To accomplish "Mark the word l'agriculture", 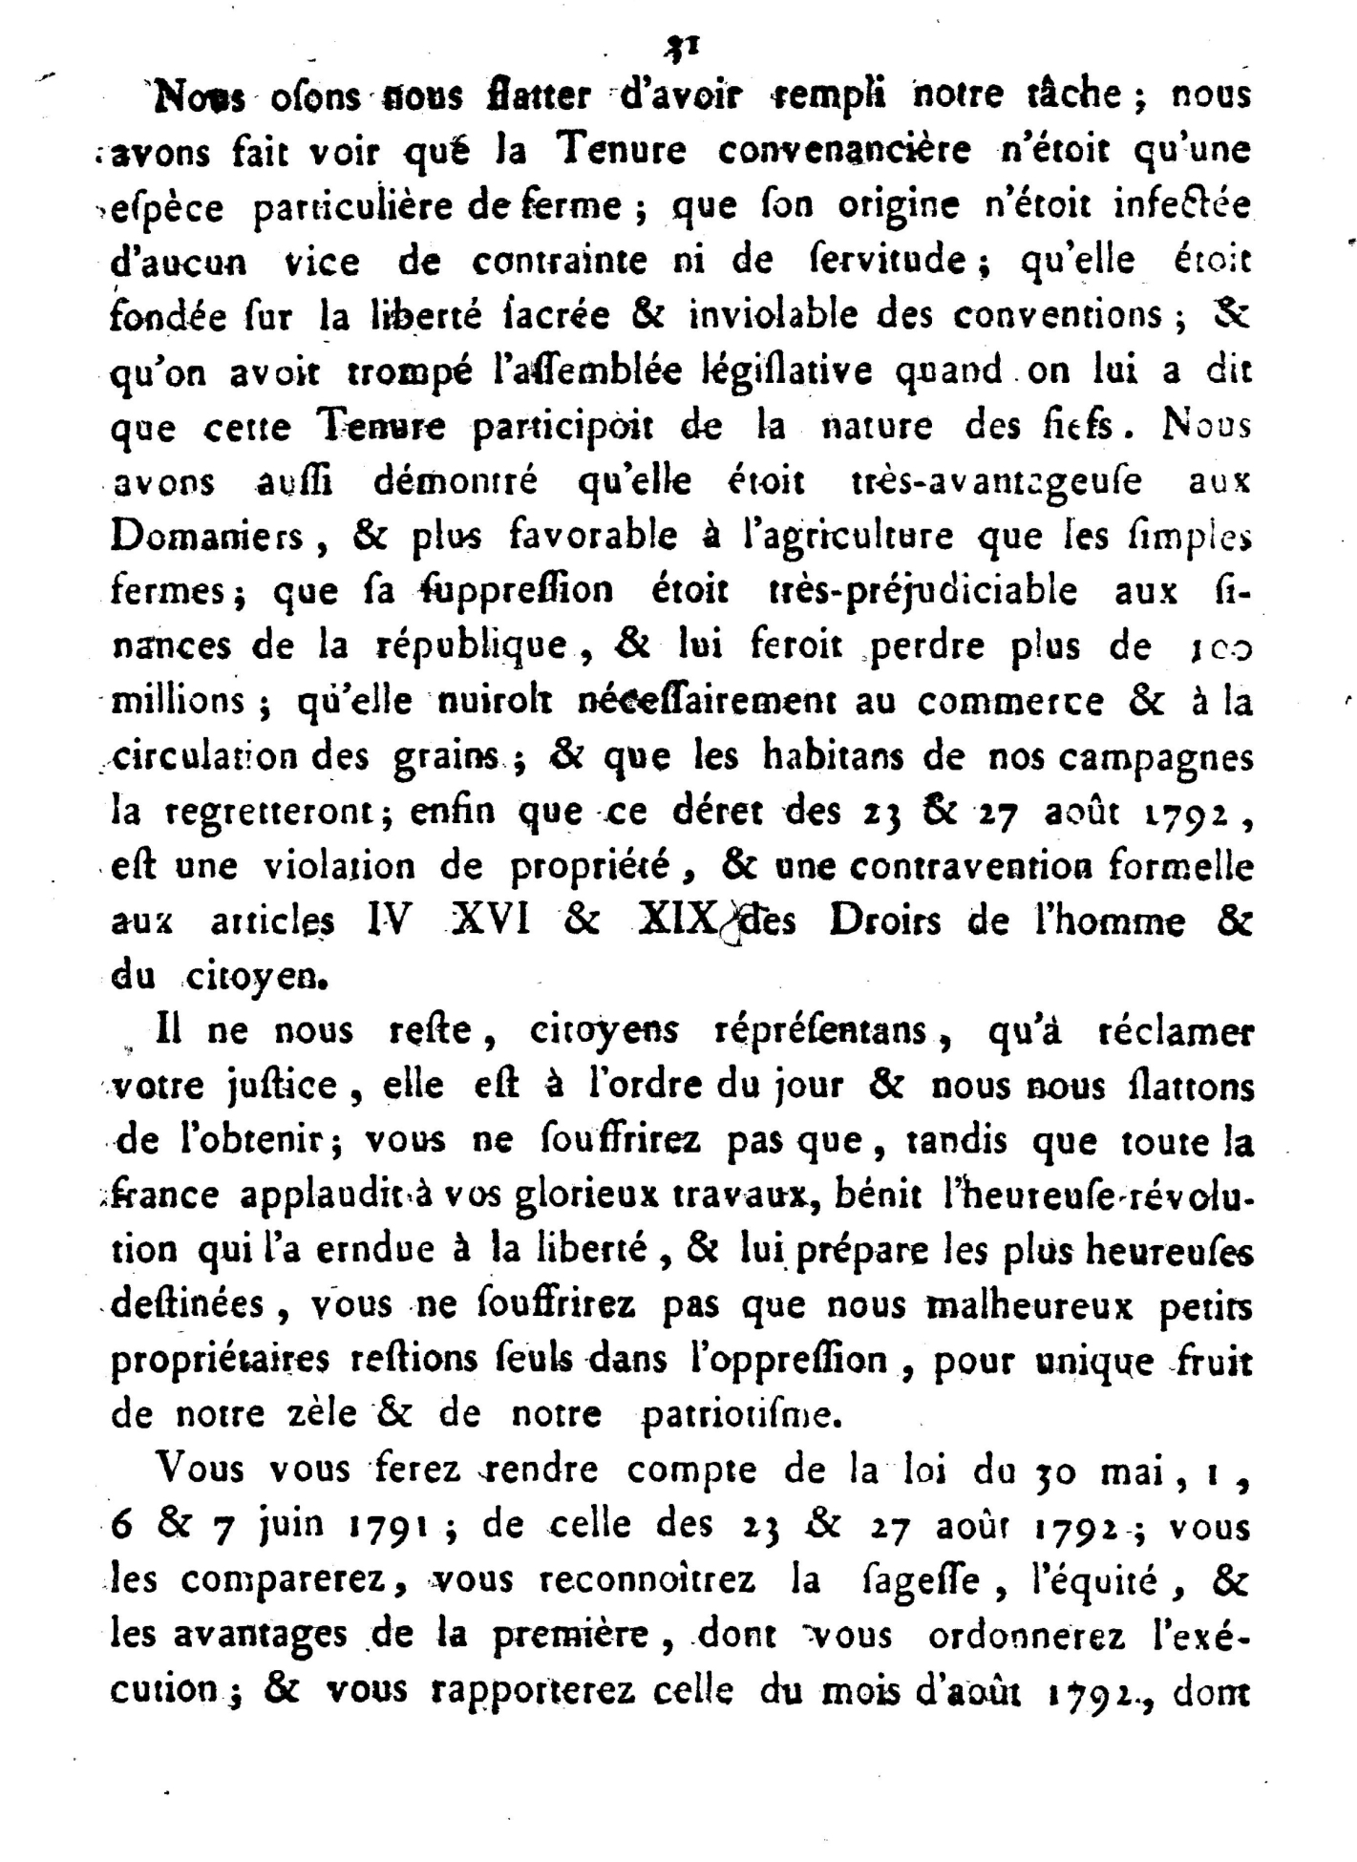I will [848, 537].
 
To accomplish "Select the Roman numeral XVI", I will [489, 921].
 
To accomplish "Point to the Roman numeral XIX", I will [676, 921].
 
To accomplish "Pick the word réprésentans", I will [820, 1032].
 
